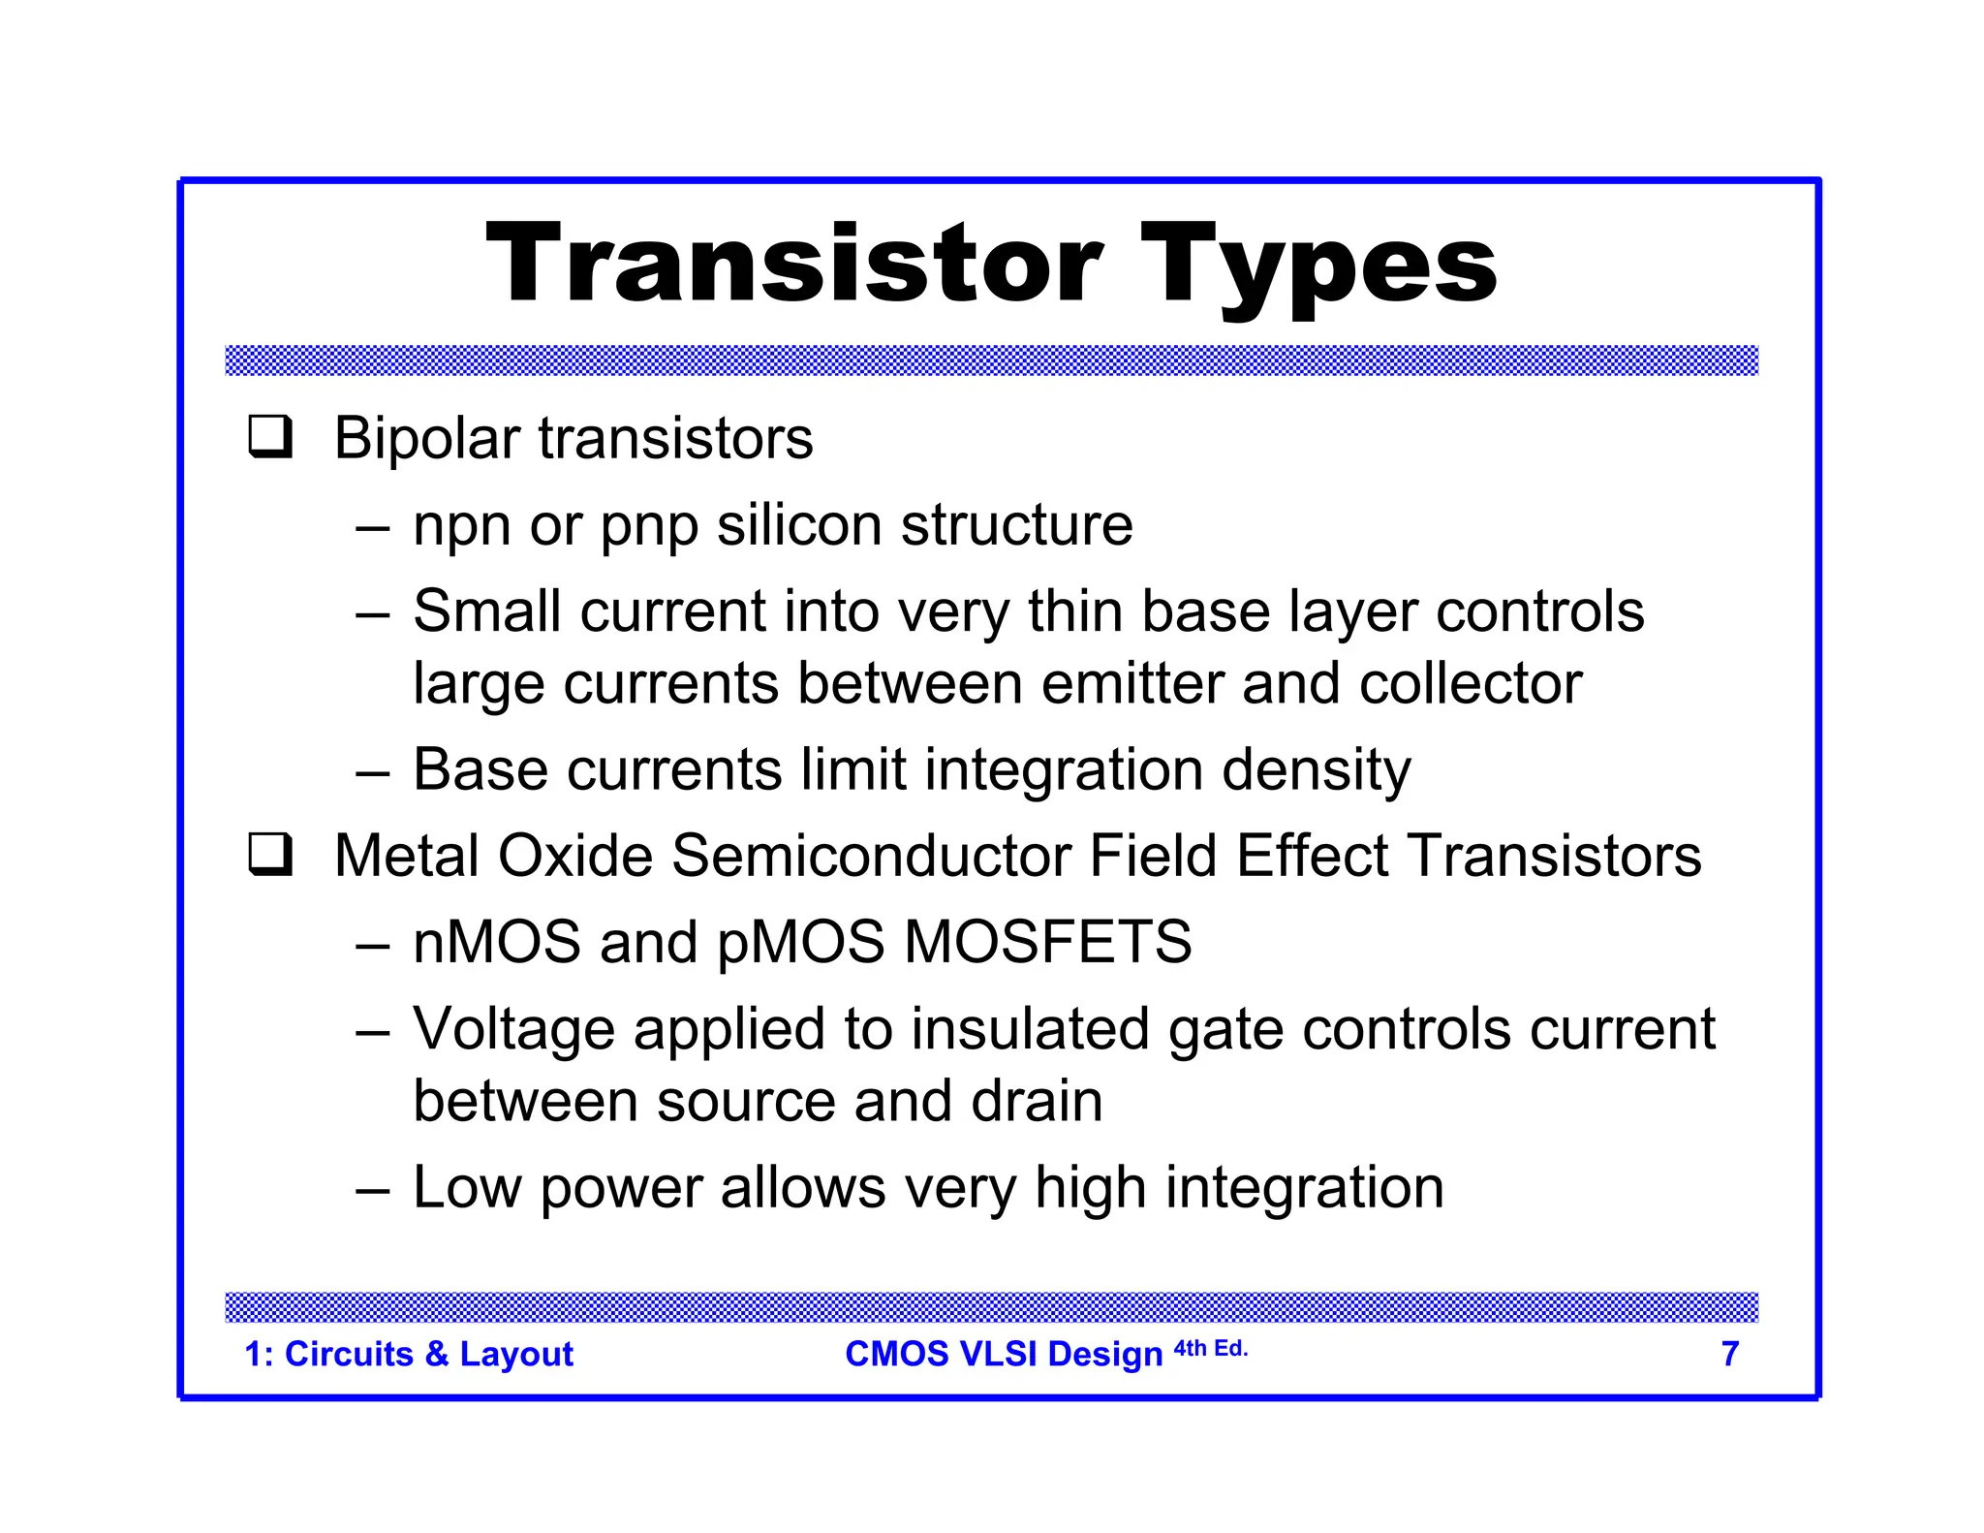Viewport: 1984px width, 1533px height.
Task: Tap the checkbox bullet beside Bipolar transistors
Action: pos(270,436)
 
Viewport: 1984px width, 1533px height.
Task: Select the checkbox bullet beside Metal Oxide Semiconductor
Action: pos(270,854)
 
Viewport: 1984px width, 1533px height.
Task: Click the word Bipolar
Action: pos(426,438)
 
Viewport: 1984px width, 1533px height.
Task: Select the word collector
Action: pos(1470,683)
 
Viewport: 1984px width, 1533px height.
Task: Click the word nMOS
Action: pos(497,942)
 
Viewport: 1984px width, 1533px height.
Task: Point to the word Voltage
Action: pos(513,1029)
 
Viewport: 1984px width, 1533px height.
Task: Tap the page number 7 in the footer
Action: pos(1729,1354)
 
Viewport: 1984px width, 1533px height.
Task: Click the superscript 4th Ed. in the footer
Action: pos(1210,1348)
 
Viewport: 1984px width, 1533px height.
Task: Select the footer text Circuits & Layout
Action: pos(428,1354)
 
